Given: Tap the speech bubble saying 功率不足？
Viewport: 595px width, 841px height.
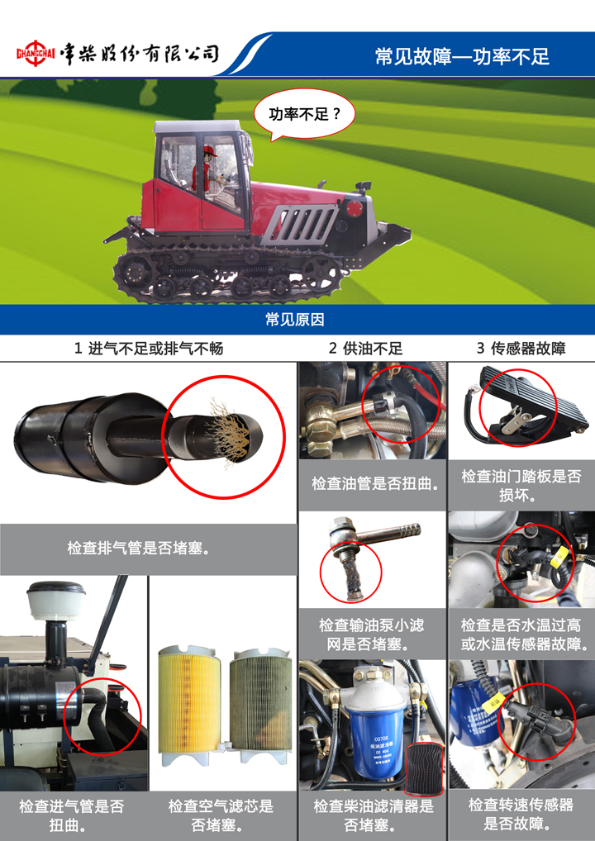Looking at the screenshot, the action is click(x=304, y=114).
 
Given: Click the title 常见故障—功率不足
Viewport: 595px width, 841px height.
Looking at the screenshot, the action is click(x=462, y=56).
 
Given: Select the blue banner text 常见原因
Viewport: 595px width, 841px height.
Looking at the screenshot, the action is click(x=294, y=320).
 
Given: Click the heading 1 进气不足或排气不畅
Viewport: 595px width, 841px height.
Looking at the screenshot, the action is click(x=149, y=349).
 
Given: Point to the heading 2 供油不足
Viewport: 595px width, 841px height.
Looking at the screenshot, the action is click(x=365, y=349).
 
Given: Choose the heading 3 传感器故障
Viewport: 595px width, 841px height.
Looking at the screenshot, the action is click(x=521, y=349).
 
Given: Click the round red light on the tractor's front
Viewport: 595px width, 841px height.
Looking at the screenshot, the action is click(x=354, y=209).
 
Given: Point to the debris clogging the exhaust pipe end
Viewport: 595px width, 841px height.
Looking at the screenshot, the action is click(x=231, y=435).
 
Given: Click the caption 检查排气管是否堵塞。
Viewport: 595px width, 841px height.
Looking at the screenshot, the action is click(x=139, y=548).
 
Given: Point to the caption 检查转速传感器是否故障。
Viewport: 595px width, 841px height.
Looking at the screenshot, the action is click(x=521, y=814).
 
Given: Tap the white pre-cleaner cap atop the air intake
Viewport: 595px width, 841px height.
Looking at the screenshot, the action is click(x=56, y=600).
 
